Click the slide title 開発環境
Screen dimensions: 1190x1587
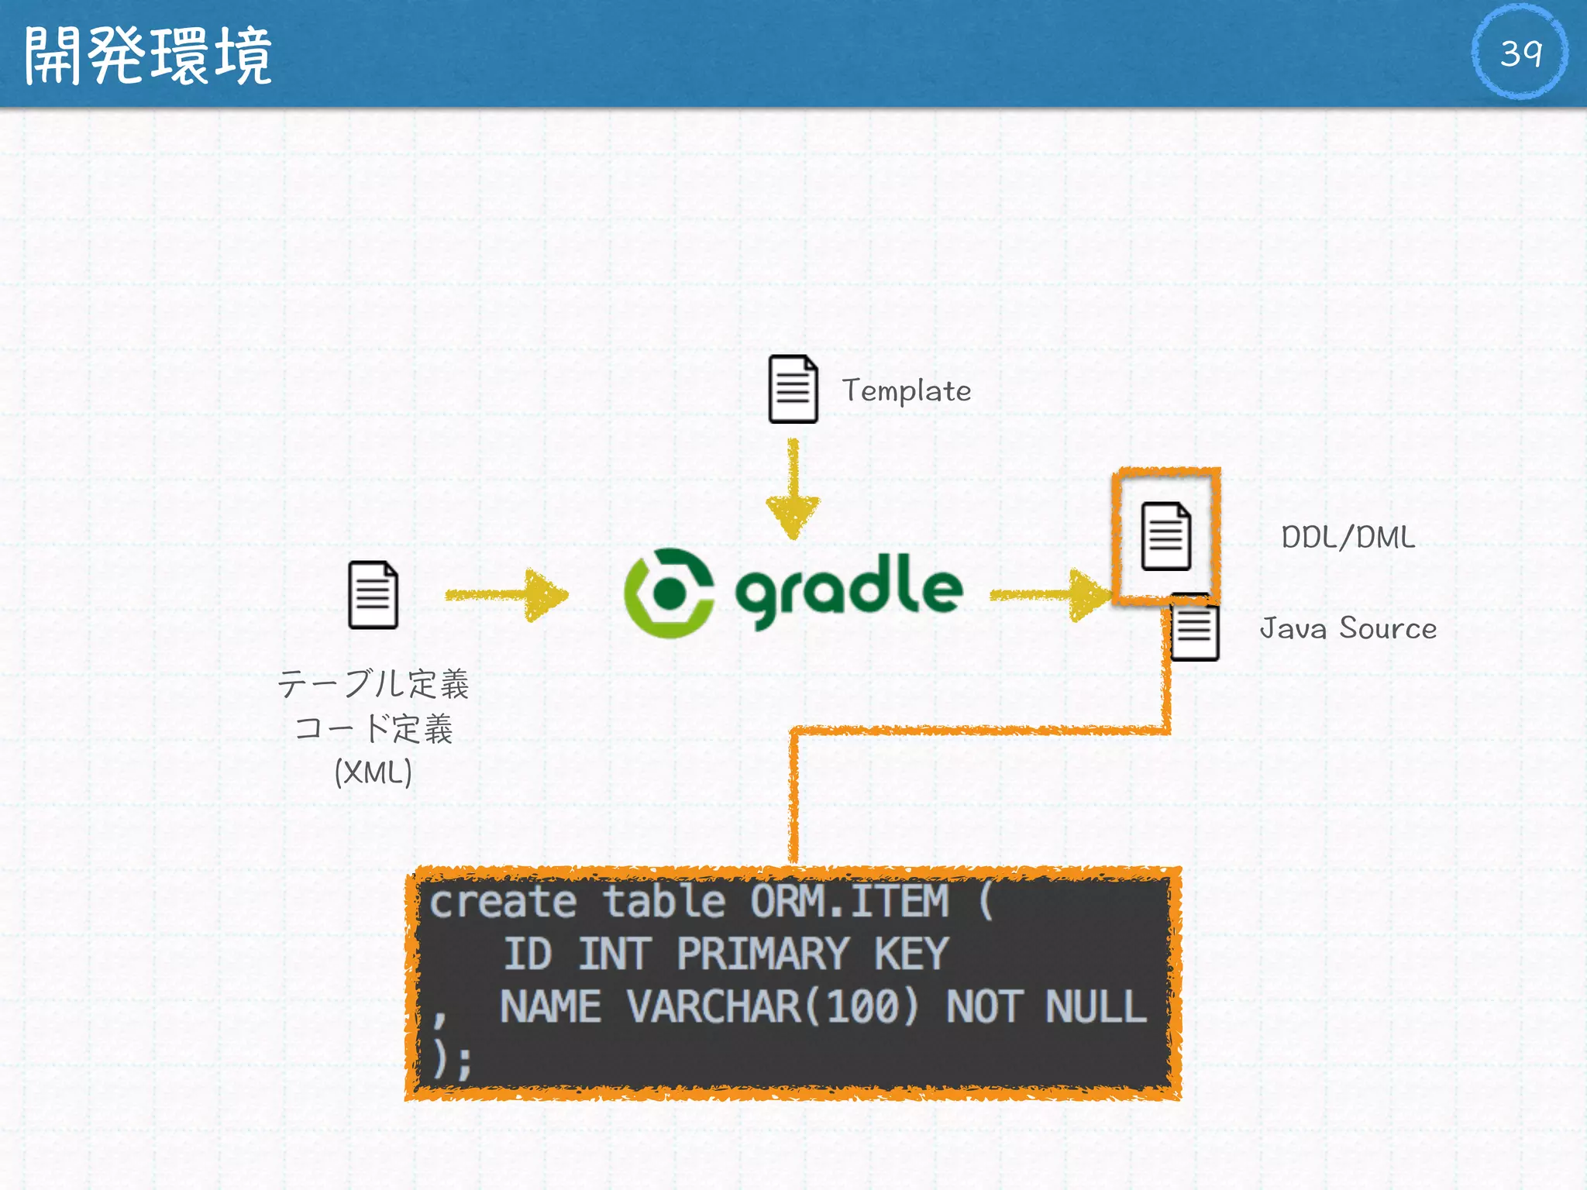147,55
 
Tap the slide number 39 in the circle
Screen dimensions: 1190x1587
1520,52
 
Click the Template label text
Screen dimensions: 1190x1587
906,390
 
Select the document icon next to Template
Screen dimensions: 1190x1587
792,389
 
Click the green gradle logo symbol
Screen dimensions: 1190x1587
669,593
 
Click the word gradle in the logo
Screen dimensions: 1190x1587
849,590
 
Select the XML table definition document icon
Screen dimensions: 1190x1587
373,595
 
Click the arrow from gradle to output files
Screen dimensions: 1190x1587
1050,595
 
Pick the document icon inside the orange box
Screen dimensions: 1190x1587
1165,536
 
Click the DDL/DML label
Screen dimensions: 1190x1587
1348,537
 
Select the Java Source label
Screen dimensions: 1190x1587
1348,628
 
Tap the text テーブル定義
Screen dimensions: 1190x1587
374,683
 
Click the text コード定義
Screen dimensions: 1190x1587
374,728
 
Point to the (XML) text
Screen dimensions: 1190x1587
373,772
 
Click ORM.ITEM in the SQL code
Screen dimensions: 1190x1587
849,902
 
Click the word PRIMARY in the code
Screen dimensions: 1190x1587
763,954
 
